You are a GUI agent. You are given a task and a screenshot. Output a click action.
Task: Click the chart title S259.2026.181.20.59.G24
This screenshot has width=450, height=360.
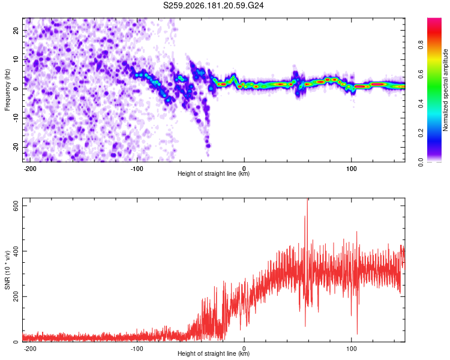213,5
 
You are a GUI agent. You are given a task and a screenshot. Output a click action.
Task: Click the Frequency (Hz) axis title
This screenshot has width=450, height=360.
7,89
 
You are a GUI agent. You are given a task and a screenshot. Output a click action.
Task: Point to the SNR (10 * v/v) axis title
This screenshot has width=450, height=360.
7,270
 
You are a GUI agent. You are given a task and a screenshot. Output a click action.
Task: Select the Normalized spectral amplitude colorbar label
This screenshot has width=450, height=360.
445,89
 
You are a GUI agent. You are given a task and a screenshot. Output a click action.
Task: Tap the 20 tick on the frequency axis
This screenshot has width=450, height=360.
16,30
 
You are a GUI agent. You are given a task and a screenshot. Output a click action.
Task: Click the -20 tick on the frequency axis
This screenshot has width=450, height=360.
16,147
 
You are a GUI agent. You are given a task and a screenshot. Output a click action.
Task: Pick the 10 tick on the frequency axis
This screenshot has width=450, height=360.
16,59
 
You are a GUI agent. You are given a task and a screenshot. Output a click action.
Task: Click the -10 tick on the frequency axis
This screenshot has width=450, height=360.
16,118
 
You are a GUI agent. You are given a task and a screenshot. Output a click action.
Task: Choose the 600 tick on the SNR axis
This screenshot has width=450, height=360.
16,206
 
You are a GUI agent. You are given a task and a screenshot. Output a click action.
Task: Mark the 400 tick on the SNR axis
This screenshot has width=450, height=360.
16,251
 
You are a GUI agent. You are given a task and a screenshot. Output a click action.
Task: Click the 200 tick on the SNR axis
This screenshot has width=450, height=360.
16,296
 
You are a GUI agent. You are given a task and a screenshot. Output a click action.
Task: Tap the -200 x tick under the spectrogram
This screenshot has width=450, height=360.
29,169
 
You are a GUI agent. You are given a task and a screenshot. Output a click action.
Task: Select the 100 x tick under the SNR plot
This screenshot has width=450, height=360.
351,349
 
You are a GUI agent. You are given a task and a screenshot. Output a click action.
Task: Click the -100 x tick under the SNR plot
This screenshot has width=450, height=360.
137,349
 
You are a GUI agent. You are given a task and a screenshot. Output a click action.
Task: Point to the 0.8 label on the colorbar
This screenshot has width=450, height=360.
421,45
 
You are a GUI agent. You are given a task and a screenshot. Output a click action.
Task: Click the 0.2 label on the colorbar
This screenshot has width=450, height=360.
421,133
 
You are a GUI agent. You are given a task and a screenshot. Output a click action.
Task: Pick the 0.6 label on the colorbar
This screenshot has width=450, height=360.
421,74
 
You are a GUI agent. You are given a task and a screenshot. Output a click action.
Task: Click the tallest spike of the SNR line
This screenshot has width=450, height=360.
307,199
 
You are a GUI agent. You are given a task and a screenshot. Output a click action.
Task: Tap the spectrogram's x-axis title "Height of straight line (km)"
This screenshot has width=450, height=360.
214,173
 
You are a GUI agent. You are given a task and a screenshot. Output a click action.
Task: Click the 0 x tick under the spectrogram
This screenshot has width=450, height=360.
244,169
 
